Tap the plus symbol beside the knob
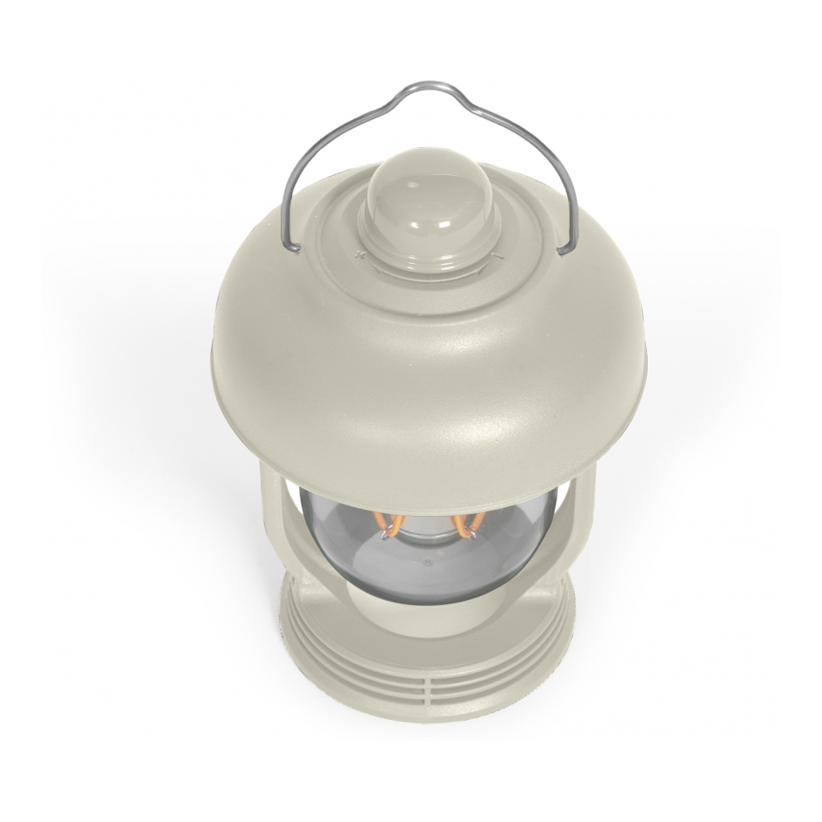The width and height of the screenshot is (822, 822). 359,256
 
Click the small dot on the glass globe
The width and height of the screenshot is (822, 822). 427,564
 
